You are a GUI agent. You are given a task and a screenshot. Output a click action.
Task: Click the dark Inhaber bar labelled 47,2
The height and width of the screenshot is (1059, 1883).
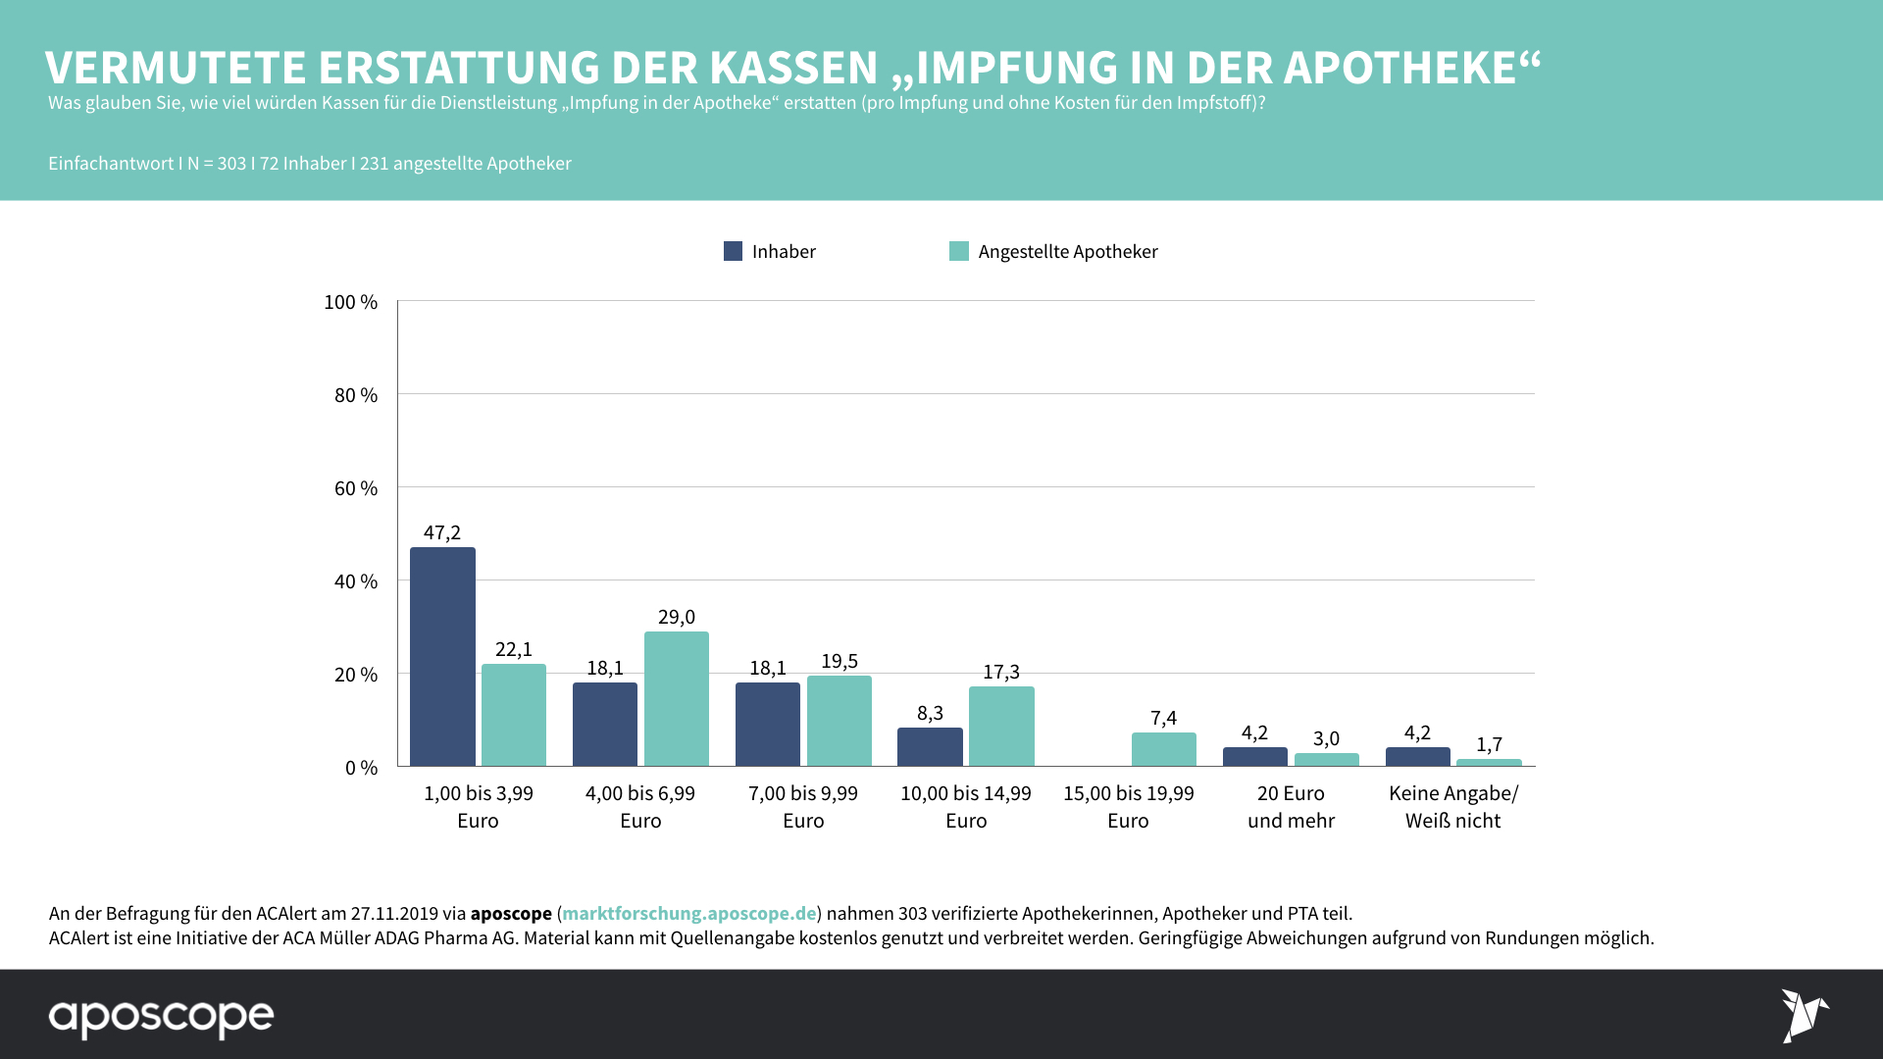click(442, 657)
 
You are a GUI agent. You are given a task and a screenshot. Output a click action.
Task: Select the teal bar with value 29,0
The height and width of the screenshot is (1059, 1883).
click(676, 699)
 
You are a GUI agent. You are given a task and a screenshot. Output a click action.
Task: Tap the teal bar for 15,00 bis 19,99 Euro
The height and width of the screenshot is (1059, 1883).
click(1163, 749)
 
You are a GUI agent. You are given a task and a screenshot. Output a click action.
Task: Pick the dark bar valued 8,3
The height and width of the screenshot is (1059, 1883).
click(930, 747)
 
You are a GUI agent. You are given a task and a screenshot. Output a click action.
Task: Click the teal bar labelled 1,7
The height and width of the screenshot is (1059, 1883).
click(1489, 762)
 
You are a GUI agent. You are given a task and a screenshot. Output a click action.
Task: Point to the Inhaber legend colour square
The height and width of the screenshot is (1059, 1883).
click(733, 251)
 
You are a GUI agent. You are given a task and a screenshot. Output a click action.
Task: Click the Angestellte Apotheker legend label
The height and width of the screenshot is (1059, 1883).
click(1067, 252)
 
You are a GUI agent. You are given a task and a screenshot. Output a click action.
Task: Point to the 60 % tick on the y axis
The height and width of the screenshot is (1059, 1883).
click(355, 488)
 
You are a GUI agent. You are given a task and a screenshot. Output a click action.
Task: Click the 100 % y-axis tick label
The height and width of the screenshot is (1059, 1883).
click(350, 302)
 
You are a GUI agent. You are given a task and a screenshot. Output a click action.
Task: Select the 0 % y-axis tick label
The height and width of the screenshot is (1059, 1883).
click(360, 768)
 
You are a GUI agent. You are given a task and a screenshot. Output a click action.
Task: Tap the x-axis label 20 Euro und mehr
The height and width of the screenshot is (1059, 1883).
click(1291, 807)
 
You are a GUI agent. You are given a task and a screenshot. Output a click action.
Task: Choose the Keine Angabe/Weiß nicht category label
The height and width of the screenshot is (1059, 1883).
click(1452, 807)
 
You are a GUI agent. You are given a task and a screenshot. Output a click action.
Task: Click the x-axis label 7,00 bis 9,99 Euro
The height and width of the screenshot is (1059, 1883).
click(802, 807)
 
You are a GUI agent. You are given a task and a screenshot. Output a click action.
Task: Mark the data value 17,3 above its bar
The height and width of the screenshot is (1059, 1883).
click(1000, 672)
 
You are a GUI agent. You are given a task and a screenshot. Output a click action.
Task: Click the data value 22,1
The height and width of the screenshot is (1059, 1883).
click(513, 649)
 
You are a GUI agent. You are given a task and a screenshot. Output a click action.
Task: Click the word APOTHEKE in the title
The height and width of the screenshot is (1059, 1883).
click(1400, 68)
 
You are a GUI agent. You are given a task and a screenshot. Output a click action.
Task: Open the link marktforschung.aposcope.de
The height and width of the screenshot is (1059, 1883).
click(688, 913)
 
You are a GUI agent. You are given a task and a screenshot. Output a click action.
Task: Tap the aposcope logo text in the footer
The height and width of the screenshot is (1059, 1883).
click(161, 1017)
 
